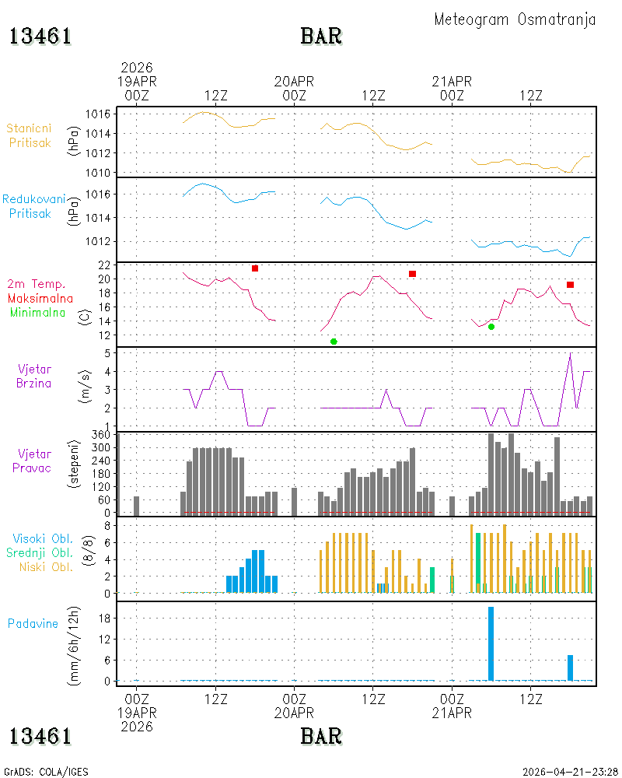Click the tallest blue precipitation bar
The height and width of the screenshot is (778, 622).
[491, 643]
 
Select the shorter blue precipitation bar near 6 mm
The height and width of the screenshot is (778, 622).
[570, 668]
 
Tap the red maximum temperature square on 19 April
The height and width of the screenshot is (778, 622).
[255, 268]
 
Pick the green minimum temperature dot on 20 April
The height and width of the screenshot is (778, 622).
[334, 342]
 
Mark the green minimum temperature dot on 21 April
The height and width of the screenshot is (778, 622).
[491, 327]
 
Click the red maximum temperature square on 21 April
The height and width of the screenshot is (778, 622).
[570, 285]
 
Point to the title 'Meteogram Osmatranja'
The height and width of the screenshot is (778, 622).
[515, 19]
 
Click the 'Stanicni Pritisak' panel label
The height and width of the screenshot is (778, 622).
[30, 135]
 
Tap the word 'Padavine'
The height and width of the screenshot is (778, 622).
[33, 624]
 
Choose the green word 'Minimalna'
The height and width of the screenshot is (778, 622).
[37, 313]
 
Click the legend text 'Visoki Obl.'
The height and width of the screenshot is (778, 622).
[43, 538]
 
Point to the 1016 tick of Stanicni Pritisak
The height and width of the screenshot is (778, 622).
[98, 114]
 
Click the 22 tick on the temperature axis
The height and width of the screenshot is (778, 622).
[104, 265]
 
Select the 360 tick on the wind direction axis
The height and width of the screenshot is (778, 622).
[101, 435]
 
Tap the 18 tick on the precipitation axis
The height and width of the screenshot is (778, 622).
[104, 619]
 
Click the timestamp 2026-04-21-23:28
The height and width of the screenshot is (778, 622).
[570, 772]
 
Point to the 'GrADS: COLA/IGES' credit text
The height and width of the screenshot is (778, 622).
[46, 772]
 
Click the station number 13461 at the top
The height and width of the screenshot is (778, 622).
[40, 37]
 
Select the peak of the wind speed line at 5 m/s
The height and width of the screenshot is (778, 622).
[571, 353]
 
